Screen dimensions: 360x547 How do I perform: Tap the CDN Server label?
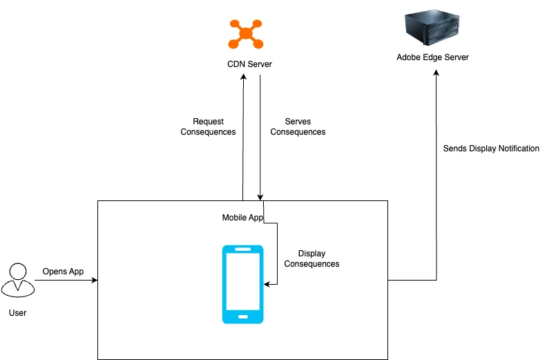coord(250,64)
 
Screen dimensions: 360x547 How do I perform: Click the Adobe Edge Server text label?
coord(432,57)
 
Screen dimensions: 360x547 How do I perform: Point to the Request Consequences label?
coord(208,126)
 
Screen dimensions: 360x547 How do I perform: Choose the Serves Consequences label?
coord(298,126)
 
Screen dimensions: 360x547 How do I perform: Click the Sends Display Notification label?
coord(491,149)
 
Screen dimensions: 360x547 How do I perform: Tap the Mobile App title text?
coord(242,218)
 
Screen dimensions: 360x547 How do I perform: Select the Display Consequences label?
coord(311,258)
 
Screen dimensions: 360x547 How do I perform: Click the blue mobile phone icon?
coord(242,284)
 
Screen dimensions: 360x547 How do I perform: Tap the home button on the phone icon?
coord(242,316)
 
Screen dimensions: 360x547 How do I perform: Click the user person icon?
coord(17,279)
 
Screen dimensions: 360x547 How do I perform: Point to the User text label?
coord(17,313)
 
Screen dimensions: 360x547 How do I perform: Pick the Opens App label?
coord(63,272)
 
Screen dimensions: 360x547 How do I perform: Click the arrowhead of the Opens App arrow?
coord(95,280)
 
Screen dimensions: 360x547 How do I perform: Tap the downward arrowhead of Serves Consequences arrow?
coord(260,197)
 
